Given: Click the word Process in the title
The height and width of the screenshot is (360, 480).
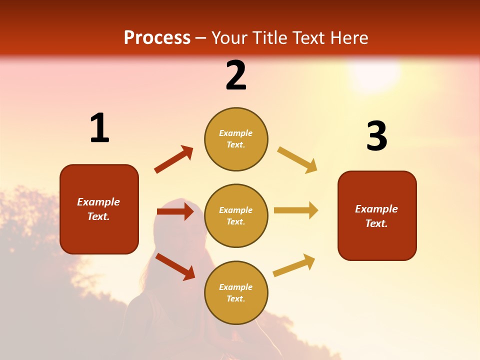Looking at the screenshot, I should click(x=157, y=38).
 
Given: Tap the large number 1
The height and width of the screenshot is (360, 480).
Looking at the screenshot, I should click(x=99, y=128).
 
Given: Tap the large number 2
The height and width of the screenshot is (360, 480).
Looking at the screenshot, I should click(x=236, y=75).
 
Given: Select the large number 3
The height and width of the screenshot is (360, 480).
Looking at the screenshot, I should click(x=376, y=136).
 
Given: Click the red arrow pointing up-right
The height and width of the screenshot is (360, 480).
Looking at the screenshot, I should click(x=174, y=159).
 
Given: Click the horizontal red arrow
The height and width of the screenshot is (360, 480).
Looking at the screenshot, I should click(x=175, y=212).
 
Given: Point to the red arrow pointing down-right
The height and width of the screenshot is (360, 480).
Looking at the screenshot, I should click(x=175, y=266).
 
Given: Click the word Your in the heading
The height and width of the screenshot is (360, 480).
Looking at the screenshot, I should click(x=230, y=38).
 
